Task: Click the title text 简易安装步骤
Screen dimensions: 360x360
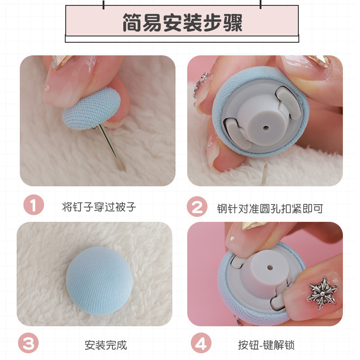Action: [x=182, y=22]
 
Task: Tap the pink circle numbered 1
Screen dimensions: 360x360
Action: [x=33, y=206]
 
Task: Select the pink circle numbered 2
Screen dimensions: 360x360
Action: [x=197, y=207]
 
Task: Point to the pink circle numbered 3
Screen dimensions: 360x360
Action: [x=28, y=344]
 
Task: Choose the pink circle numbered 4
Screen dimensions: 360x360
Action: [x=201, y=344]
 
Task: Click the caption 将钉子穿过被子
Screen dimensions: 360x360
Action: [x=99, y=207]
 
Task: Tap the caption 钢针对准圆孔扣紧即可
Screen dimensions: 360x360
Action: [x=270, y=208]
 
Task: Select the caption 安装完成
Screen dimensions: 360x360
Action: [x=106, y=345]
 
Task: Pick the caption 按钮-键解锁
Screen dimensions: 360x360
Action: [x=267, y=345]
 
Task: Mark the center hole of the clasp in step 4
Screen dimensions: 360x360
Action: [x=270, y=267]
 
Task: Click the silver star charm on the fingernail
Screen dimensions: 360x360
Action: [x=322, y=292]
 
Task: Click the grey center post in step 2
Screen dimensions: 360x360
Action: [x=263, y=121]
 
